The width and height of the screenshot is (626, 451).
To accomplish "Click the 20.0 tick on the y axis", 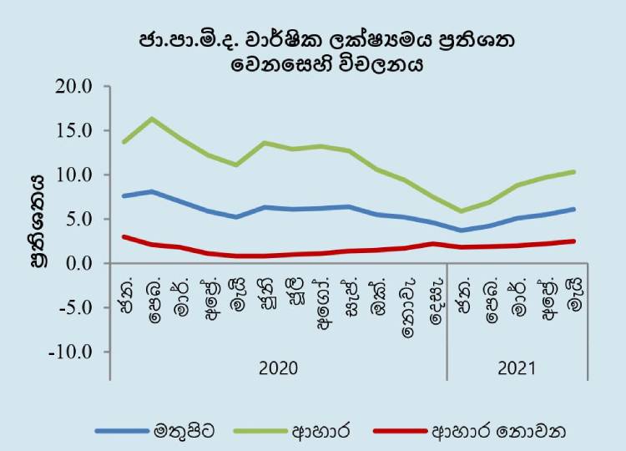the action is pos(73,87).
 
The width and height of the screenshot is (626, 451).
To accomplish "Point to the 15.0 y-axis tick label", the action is pos(73,130).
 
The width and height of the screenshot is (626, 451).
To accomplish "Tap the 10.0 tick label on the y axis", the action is pos(73,175).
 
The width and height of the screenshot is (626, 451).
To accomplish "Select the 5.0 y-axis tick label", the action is pos(78,220).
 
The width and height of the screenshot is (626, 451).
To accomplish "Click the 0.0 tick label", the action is pos(78,264).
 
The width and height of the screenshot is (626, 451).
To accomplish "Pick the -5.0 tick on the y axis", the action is pos(75,307).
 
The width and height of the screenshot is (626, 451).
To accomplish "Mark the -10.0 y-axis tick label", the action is pos(71,352).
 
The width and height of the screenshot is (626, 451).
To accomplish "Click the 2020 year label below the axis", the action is pos(278,368).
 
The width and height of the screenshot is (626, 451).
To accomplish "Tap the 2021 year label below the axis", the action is pos(517,368).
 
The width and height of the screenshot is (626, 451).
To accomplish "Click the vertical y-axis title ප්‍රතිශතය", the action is pos(38,220).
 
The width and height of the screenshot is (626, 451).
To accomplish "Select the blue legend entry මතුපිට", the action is pos(184,432).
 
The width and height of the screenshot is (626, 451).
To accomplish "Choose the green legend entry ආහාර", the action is pos(321,432).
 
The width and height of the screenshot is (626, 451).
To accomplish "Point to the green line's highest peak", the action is pos(153,119).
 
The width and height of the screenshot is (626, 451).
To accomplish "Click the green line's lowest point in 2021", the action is pos(462,211).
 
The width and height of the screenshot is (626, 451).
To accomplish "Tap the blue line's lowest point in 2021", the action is pos(462,231).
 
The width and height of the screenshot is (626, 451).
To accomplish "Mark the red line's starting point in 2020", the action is pos(124,237).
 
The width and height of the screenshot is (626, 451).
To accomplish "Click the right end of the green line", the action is pos(573,172).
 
